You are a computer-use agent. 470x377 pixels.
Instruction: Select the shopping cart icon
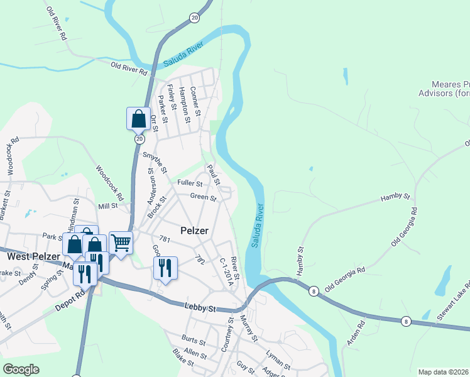(x=121, y=243)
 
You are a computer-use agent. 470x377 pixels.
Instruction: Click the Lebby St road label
(x=200, y=308)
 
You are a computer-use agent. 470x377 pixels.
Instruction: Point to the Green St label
(x=204, y=197)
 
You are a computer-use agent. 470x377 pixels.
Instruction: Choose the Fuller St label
(x=190, y=183)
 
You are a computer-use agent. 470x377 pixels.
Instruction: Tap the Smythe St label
(x=155, y=161)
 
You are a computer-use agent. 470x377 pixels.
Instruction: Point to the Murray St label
(x=249, y=329)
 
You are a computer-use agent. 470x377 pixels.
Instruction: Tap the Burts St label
(x=194, y=342)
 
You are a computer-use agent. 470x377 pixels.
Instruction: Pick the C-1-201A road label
(x=226, y=271)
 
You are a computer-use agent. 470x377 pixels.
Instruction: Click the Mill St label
(x=108, y=206)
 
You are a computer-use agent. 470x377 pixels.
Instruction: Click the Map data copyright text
(x=444, y=372)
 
